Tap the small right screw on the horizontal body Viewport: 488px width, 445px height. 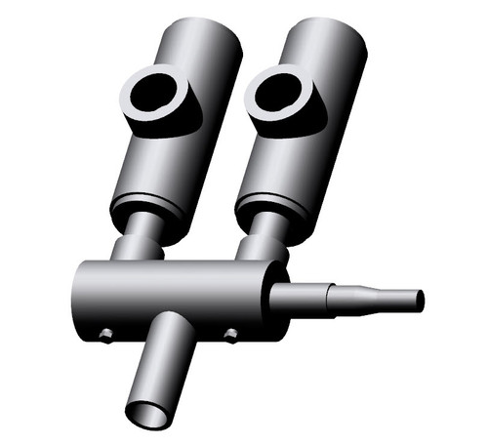(x=230, y=335)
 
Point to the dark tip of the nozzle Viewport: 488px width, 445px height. (x=421, y=301)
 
